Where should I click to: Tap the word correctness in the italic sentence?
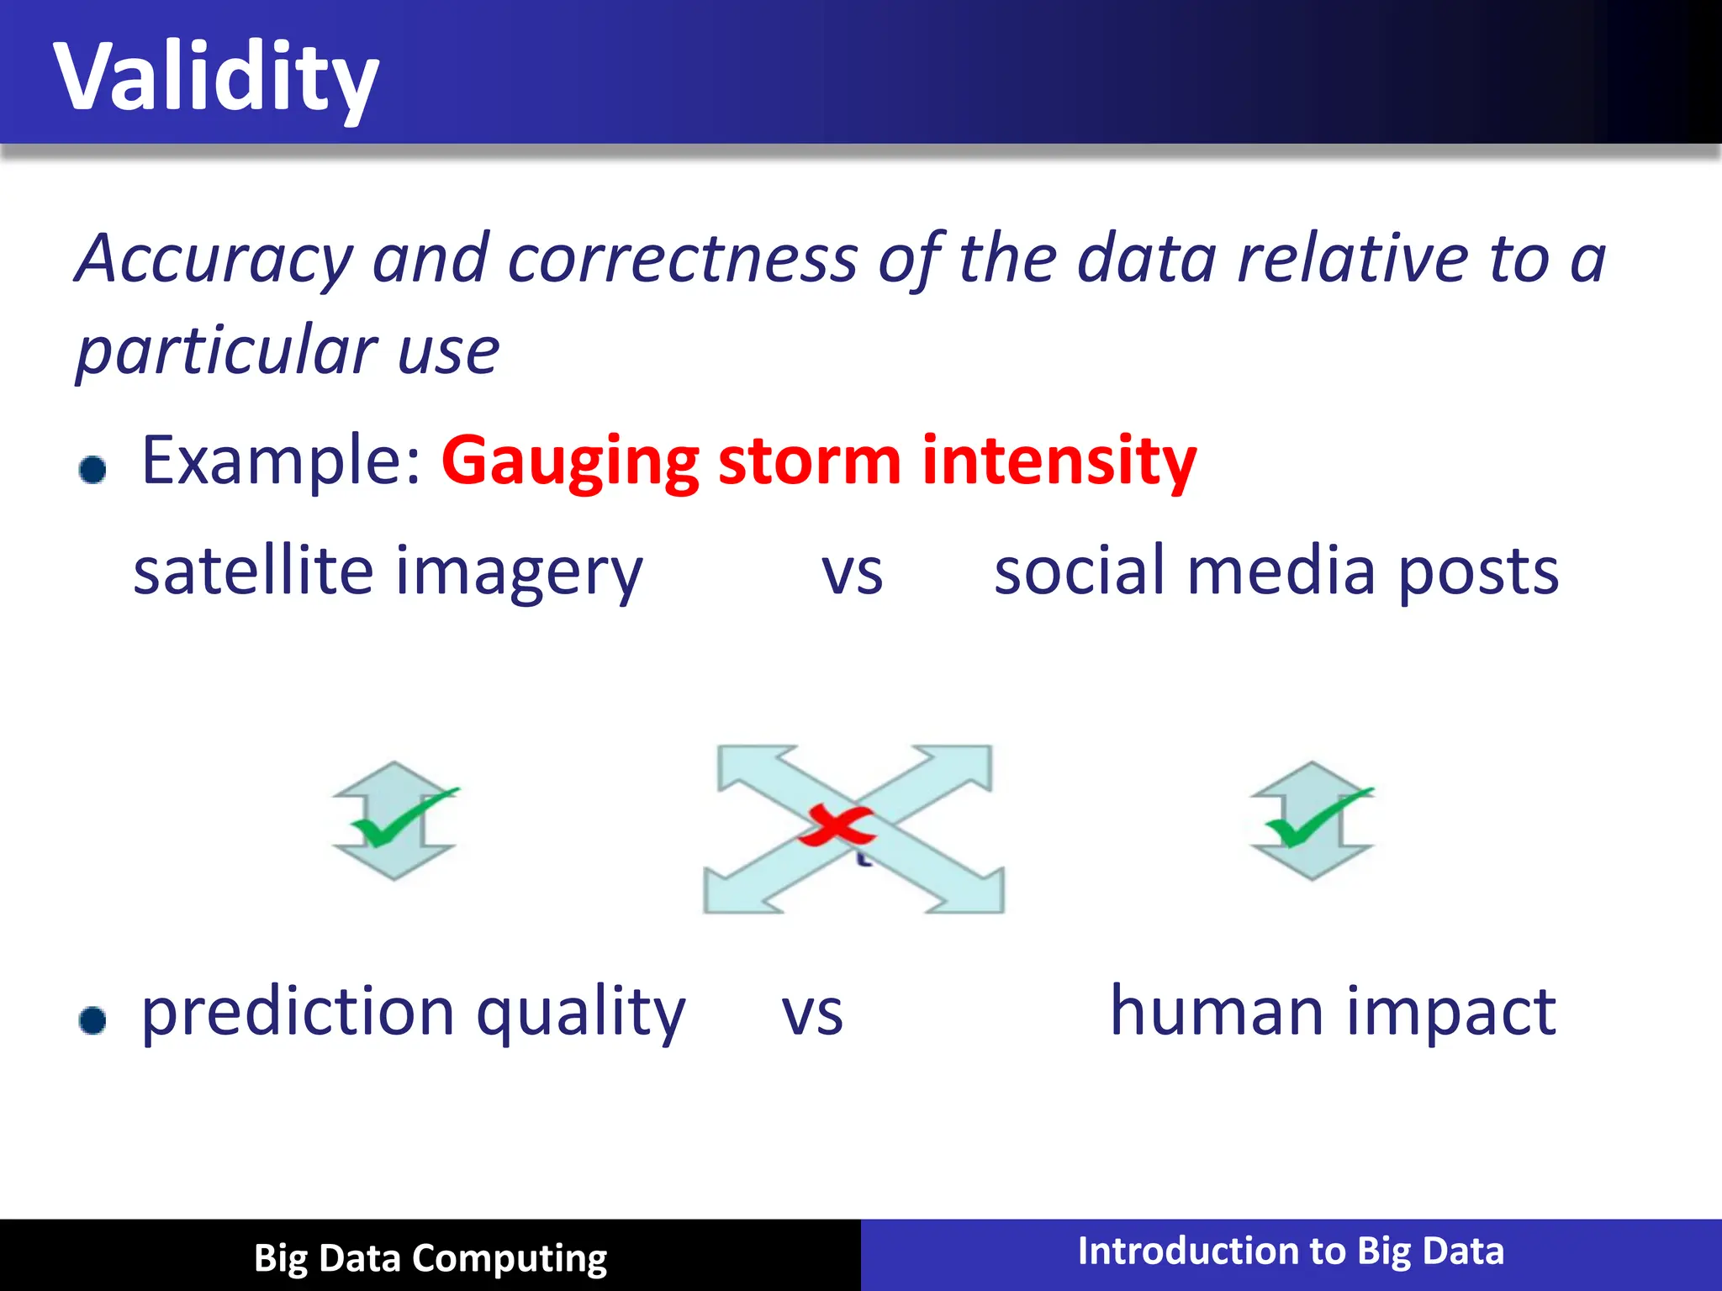(682, 259)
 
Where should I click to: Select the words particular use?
(288, 350)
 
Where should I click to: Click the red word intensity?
(1059, 461)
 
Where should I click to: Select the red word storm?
(810, 461)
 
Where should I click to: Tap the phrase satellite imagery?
(388, 572)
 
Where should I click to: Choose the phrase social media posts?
(1276, 572)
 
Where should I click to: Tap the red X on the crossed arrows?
(836, 825)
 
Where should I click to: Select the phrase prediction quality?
(413, 1012)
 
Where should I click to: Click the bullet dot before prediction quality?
(92, 1020)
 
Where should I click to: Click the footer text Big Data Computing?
(430, 1258)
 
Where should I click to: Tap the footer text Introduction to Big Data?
(1291, 1251)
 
